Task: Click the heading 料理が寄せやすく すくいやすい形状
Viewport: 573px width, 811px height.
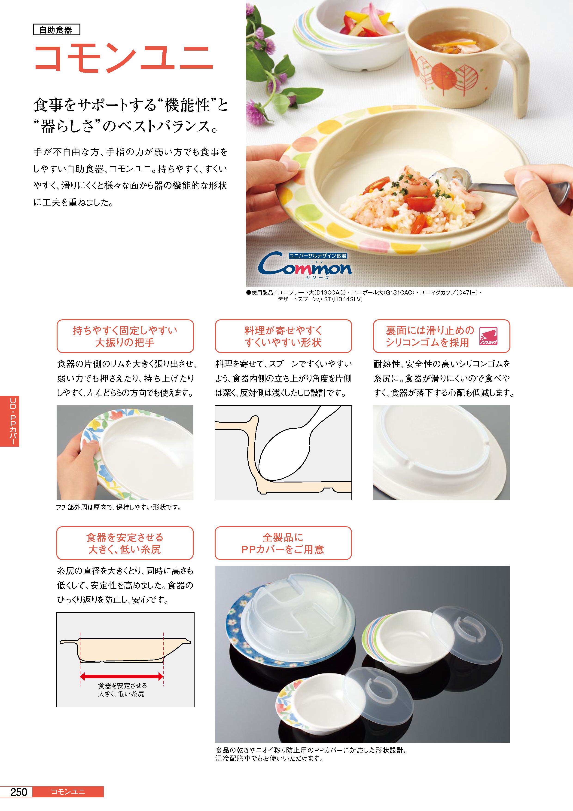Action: tap(283, 336)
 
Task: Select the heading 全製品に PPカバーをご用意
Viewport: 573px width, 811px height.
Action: tap(283, 543)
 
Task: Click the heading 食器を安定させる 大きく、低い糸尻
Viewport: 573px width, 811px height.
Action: tap(125, 543)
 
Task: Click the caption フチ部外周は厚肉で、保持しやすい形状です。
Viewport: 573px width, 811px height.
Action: tap(119, 508)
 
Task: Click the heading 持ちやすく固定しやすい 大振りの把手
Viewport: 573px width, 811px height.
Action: tap(125, 336)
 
